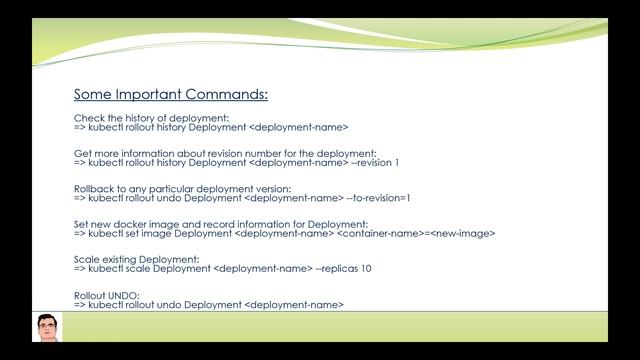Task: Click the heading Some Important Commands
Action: point(170,95)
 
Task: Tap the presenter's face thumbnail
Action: point(47,327)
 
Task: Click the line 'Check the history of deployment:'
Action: point(144,119)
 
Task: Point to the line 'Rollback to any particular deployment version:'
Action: point(182,189)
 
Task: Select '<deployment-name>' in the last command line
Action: point(294,305)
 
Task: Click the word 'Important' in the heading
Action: point(159,95)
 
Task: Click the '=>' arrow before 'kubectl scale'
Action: point(80,269)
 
